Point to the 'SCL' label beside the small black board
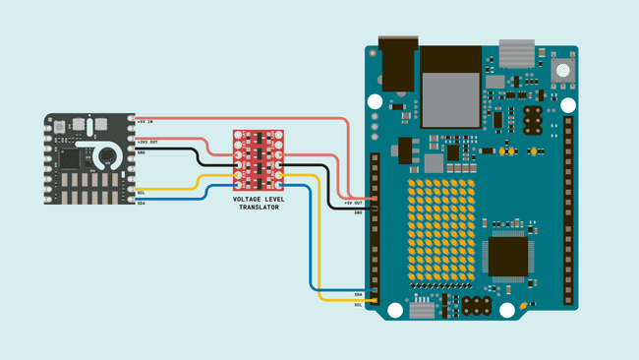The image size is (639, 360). pos(142,192)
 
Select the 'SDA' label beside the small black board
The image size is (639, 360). pos(142,203)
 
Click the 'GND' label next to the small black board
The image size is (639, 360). pos(142,152)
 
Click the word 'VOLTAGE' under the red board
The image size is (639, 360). pos(247,199)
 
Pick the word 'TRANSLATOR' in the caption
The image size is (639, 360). pos(260,207)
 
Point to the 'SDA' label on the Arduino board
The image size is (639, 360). pos(358,294)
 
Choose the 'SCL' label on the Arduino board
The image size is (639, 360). pos(358,304)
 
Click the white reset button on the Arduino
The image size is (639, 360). pos(562,70)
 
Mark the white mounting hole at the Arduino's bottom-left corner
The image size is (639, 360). pos(395,311)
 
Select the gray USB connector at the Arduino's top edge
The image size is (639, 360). pos(516,51)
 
